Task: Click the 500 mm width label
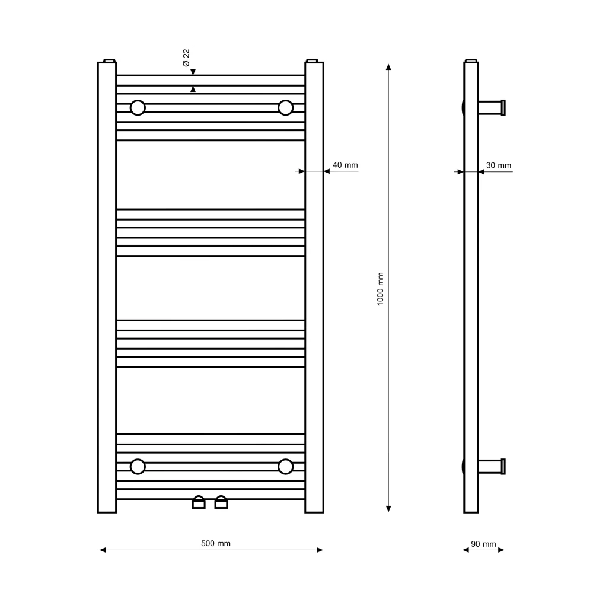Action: click(216, 543)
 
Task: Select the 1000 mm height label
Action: click(380, 289)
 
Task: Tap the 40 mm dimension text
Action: click(345, 165)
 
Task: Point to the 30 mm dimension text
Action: click(499, 165)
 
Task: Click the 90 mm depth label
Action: click(483, 544)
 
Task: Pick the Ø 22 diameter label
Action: click(186, 58)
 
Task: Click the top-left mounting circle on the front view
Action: click(138, 108)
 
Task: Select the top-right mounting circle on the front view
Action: click(286, 108)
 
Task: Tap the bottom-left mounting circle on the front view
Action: click(138, 467)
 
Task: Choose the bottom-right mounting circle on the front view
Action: click(286, 467)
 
